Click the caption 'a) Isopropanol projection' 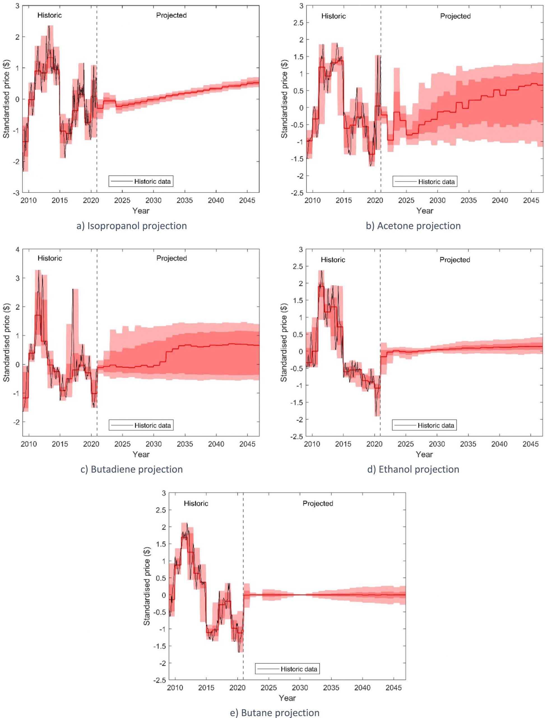132,226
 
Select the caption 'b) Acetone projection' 413,226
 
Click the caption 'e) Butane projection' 275,712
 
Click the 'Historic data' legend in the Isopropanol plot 141,181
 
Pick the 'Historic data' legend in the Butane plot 287,669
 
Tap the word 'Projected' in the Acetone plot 455,16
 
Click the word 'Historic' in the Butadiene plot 50,258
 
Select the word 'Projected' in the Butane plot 317,503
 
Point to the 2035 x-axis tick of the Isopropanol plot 185,200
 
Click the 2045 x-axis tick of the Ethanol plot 530,444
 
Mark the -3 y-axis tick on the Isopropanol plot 16,193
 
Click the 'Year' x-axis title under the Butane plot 287,698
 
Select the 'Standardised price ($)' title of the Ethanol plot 284,343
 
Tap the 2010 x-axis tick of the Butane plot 175,687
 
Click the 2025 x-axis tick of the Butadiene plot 122,444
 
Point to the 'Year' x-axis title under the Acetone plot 425,210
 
